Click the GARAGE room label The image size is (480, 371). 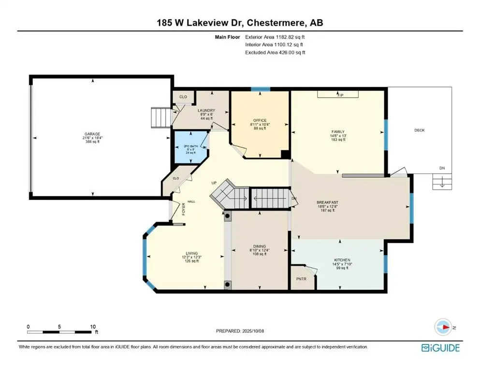click(92, 134)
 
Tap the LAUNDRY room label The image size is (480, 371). click(206, 111)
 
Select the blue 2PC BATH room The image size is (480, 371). click(190, 148)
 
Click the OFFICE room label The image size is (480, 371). click(260, 120)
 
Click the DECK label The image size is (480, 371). click(420, 130)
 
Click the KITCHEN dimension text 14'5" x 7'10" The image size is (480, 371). click(342, 264)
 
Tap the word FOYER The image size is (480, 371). click(184, 209)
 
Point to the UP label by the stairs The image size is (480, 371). click(213, 183)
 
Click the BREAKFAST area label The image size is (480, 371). click(327, 202)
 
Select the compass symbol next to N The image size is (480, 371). click(443, 327)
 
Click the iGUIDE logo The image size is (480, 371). click(440, 347)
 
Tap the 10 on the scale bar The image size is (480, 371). click(92, 327)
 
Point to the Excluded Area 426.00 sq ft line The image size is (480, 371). click(275, 52)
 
